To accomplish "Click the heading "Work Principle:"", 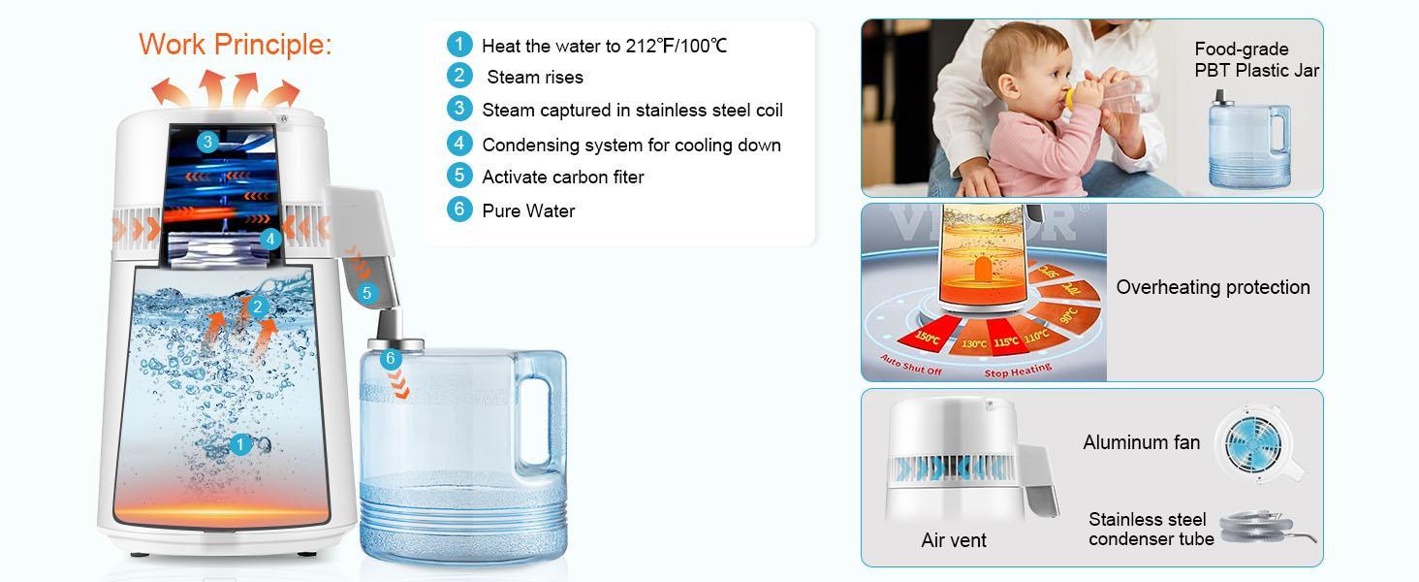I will [x=235, y=45].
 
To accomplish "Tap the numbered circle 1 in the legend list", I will [x=458, y=45].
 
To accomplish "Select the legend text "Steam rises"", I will [x=534, y=78].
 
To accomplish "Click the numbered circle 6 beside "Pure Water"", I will [x=458, y=210].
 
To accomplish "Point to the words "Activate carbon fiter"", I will [x=562, y=177].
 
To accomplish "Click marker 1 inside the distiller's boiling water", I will [x=240, y=444].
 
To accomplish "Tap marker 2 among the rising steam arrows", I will [x=257, y=307].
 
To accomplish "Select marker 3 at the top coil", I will [x=206, y=143].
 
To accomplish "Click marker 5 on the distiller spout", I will [x=366, y=292].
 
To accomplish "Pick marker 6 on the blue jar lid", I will [x=390, y=358].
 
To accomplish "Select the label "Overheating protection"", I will [x=1213, y=287].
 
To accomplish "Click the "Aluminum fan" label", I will [x=1141, y=442].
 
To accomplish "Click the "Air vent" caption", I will [x=953, y=540].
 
